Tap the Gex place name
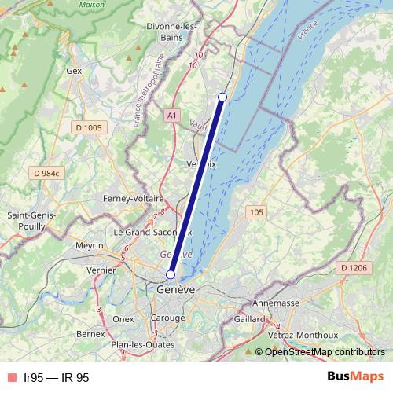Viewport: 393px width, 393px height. click(75, 70)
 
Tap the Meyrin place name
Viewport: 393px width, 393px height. click(90, 246)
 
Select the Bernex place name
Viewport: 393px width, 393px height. click(90, 334)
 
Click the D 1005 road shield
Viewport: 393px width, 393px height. click(89, 127)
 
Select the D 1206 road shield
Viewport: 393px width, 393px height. click(354, 268)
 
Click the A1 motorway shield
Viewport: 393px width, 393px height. click(171, 116)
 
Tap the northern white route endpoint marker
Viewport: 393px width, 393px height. click(222, 97)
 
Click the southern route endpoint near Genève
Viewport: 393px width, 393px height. click(171, 275)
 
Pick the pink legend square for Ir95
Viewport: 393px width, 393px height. click(12, 377)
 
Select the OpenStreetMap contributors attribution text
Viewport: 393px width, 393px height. click(325, 352)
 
